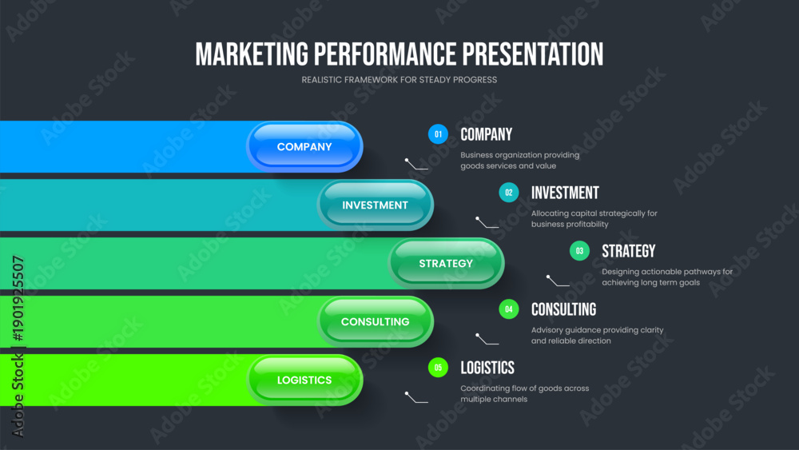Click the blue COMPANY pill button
coord(304,147)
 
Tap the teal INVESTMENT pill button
coord(375,205)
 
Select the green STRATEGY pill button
coord(446,264)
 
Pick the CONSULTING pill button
coord(375,321)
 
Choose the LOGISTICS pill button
coord(304,380)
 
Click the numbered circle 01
coord(438,134)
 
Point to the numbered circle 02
coord(508,193)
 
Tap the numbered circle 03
coord(579,251)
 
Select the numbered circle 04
coord(508,309)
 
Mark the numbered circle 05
coord(438,368)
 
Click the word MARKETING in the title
coord(252,54)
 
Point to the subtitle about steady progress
coord(399,80)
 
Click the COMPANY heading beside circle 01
coord(486,134)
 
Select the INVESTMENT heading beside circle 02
coord(565,193)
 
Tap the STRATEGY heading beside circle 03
coord(628,251)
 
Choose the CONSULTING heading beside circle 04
coord(563,309)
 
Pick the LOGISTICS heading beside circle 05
coord(487,368)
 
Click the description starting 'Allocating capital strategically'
coord(594,219)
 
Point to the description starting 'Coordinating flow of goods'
coord(525,393)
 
